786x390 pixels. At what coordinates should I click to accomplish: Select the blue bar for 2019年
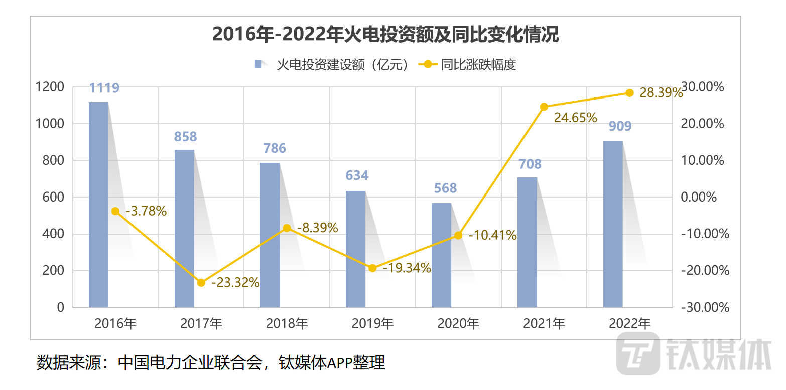tap(355, 249)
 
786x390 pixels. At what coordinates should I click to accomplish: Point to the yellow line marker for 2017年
tap(201, 283)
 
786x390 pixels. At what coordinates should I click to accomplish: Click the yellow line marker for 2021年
tap(544, 107)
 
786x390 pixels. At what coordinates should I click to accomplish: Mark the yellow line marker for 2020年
tap(458, 235)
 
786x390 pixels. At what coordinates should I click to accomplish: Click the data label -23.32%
tap(235, 283)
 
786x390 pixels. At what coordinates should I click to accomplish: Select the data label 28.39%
tap(661, 93)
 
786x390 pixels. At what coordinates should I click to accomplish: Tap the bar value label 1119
tap(104, 88)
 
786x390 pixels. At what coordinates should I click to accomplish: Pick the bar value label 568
tap(445, 188)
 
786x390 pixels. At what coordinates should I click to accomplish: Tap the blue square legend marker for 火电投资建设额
tap(258, 64)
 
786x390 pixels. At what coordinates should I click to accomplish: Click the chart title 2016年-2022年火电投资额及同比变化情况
tap(385, 35)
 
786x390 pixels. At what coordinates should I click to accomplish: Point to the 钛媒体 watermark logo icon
tap(637, 353)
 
